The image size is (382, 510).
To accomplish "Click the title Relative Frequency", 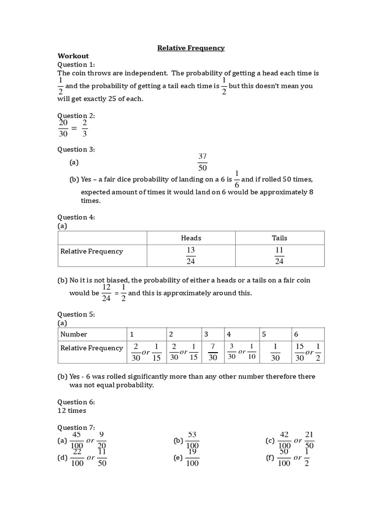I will coord(191,48).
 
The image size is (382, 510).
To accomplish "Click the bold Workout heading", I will coord(73,56).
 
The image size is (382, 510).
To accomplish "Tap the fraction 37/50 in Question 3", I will coord(202,162).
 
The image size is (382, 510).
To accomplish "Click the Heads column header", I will coord(191,238).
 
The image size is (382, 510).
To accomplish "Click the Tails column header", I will coord(279,238).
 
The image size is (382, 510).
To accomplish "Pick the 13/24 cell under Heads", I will coord(191,255).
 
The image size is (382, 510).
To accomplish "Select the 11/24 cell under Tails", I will coord(279,255).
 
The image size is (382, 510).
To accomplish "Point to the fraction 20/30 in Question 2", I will coord(63,128).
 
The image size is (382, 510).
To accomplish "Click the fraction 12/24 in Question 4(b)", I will coord(106,293).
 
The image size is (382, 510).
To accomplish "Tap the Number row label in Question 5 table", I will coord(74,334).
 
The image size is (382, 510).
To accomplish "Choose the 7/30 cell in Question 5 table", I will coord(213,352).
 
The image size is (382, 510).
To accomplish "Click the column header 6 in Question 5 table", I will coord(296,334).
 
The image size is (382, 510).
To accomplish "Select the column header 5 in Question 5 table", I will coord(264,334).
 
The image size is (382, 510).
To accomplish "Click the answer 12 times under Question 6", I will coord(72,410).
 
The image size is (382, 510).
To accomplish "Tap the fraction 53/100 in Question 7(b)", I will coord(192,440).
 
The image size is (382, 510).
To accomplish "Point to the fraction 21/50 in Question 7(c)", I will coord(309,440).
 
